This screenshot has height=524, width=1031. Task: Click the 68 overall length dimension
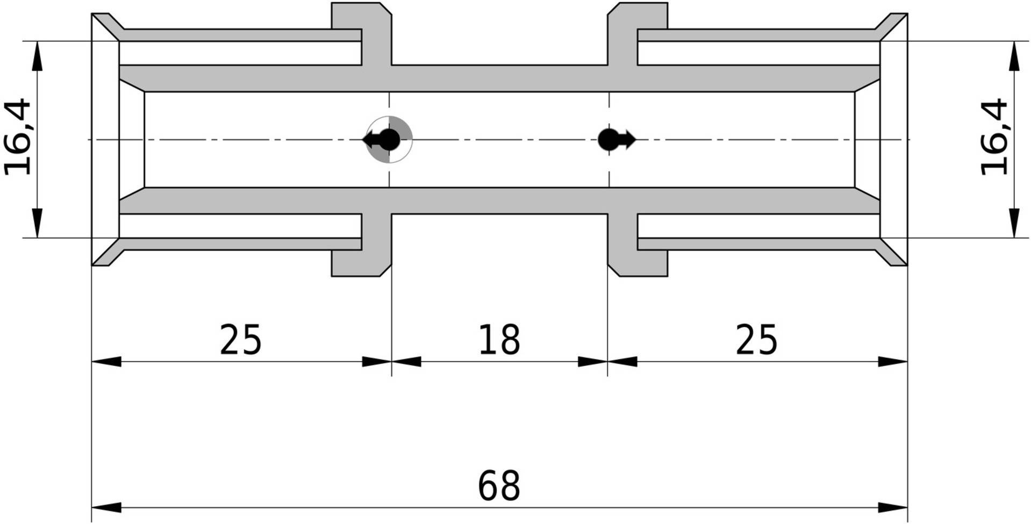[499, 485]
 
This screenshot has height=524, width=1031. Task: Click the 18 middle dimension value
[499, 340]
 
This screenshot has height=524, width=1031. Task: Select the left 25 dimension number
[240, 340]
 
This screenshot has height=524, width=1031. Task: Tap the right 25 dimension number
[756, 340]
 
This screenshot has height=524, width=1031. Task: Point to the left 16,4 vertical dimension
[18, 137]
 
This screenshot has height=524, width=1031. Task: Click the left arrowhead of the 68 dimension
[105, 507]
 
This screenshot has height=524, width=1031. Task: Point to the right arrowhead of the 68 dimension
[893, 507]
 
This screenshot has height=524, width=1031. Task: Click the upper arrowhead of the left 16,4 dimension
[37, 56]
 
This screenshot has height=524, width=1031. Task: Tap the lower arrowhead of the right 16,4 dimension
[1014, 222]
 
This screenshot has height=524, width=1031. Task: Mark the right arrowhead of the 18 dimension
[592, 362]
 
